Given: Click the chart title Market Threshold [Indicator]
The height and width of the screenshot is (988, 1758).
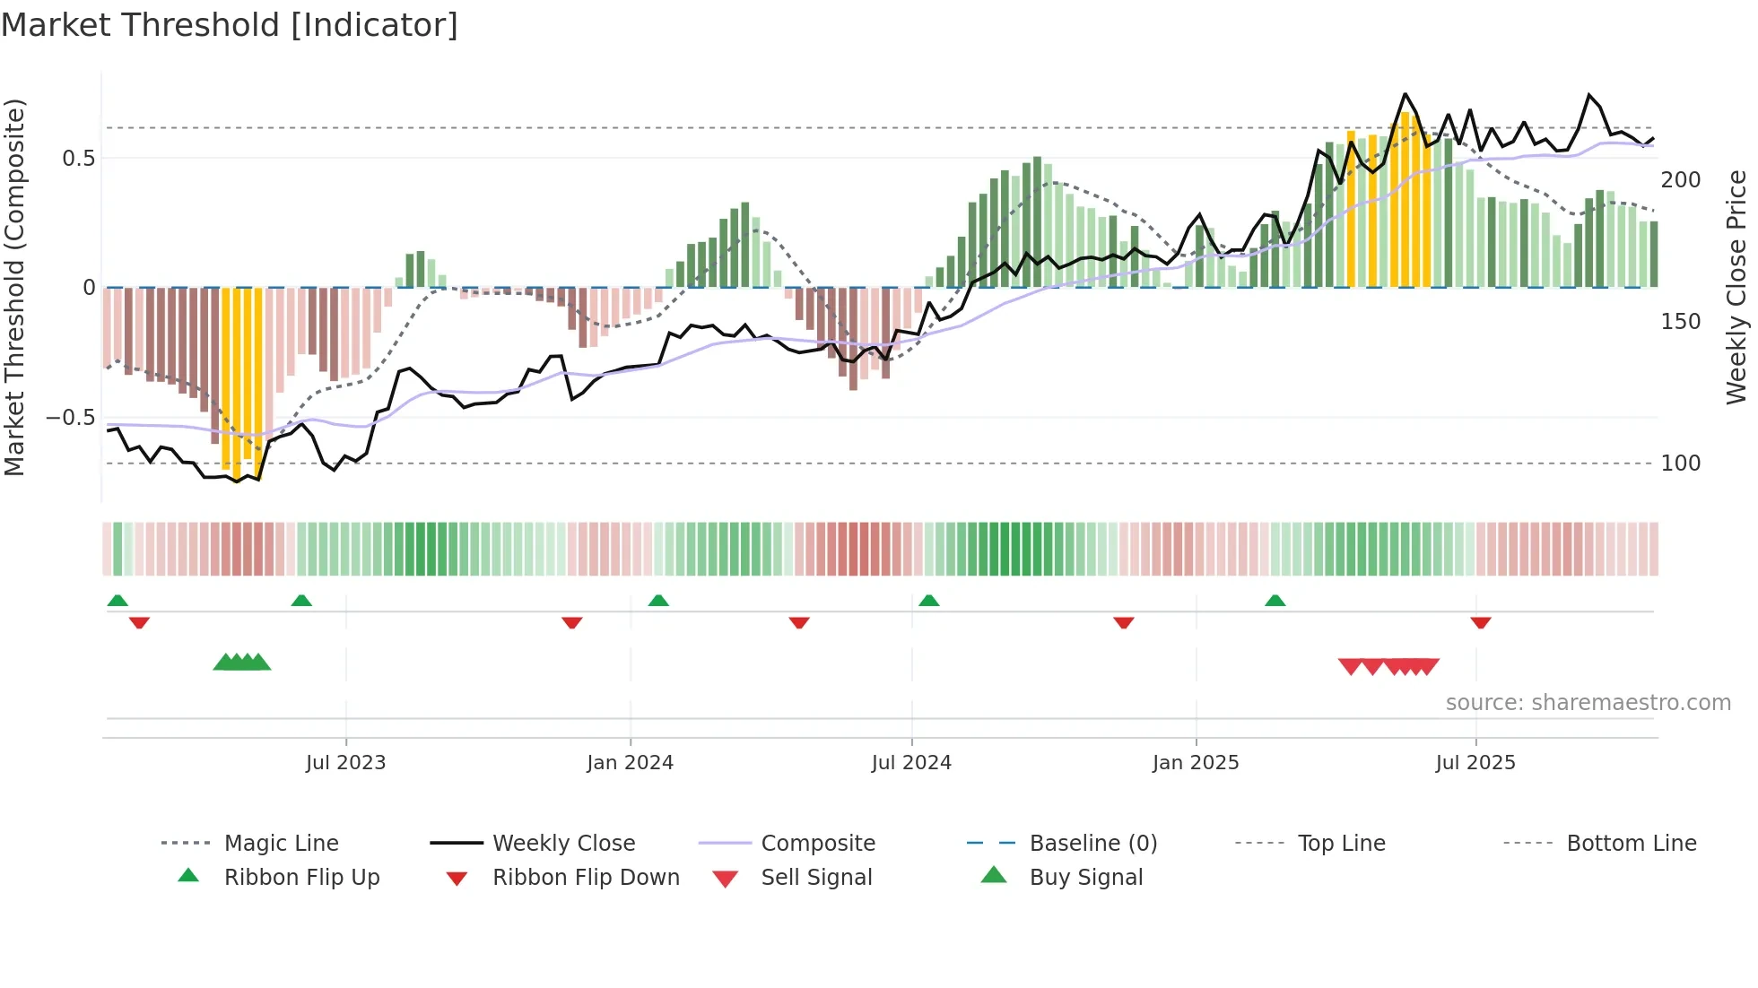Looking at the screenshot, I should [x=230, y=25].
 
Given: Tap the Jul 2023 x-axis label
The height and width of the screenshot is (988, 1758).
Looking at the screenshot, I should [x=345, y=763].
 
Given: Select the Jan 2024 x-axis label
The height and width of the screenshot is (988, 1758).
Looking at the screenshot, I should [x=630, y=763].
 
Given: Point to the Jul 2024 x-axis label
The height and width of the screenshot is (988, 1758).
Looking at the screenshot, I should [x=911, y=763].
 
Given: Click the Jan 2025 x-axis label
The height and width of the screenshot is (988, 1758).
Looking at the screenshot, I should [x=1196, y=763].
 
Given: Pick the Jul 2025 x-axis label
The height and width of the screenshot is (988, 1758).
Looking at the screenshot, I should [x=1475, y=763].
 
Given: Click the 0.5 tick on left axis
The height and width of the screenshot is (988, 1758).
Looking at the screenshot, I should [x=79, y=159].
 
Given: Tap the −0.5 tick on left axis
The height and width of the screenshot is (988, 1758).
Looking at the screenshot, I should [x=71, y=418].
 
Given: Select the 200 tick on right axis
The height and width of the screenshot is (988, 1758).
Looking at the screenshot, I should [x=1681, y=180].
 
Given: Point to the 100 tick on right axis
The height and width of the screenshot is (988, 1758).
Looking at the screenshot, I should [x=1681, y=464].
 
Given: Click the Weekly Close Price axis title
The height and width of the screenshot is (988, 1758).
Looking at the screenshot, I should [x=1736, y=287].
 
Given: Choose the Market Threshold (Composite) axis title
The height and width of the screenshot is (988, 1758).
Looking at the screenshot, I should [x=14, y=287].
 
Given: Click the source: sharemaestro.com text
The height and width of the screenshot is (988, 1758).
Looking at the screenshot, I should [x=1588, y=703].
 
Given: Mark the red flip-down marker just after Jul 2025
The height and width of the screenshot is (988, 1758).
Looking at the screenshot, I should [x=1481, y=622].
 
